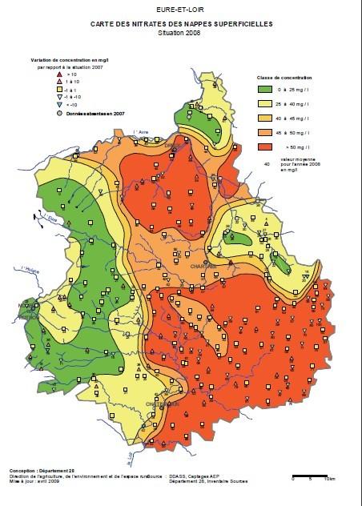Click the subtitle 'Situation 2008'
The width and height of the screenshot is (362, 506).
coord(180,32)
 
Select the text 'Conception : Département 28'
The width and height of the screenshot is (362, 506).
coord(42,471)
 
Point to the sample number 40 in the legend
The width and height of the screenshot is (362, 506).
coord(266,165)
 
